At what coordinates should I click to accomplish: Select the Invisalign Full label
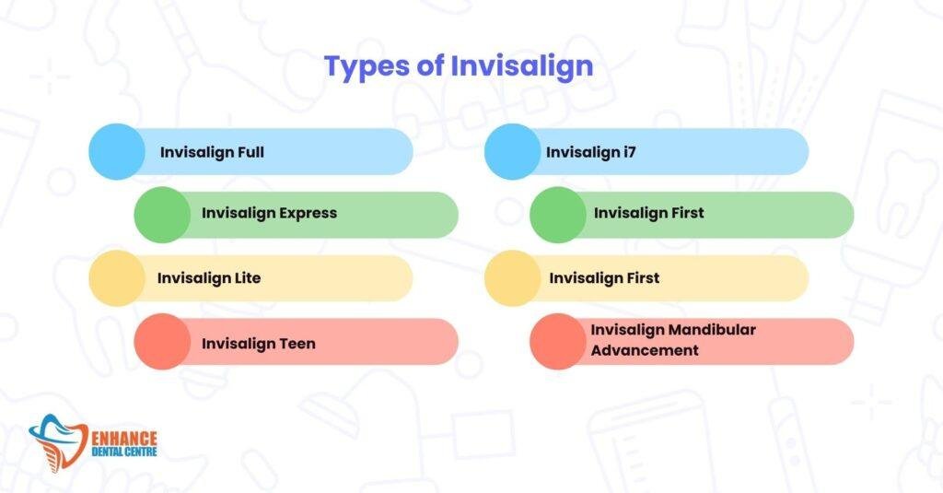[212, 152]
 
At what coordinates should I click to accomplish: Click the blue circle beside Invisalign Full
[117, 151]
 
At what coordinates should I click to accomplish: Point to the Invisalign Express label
[269, 213]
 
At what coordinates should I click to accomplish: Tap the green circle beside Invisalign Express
[162, 215]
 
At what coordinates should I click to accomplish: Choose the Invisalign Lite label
[209, 277]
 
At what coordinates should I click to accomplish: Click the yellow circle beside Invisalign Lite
[117, 278]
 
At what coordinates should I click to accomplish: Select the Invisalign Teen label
[259, 343]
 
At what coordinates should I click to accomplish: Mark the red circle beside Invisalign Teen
[162, 342]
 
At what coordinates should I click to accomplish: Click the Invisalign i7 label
[590, 152]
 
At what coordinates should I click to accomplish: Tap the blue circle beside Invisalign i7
[512, 151]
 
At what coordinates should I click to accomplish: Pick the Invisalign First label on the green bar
[648, 213]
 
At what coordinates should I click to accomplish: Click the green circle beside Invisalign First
[557, 215]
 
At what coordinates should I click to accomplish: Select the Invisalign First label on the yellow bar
[604, 277]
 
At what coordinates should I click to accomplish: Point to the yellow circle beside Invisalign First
[512, 278]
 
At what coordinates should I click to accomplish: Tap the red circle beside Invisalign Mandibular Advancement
[557, 342]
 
